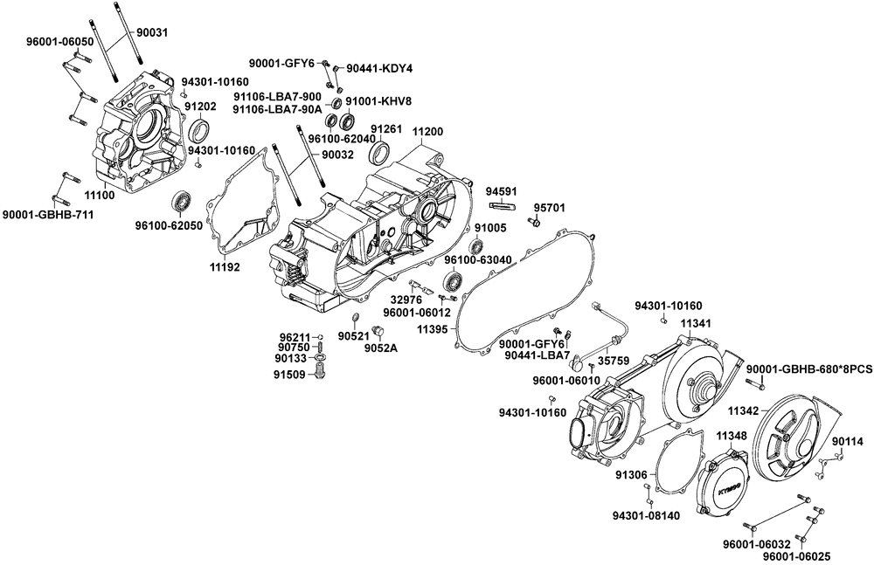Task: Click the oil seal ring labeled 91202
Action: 200,131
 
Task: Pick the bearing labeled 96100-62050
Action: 183,200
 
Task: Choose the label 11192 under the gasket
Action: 225,267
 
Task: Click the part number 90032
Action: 337,154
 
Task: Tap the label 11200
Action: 427,131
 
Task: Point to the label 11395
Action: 432,329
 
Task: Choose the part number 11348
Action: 731,435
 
